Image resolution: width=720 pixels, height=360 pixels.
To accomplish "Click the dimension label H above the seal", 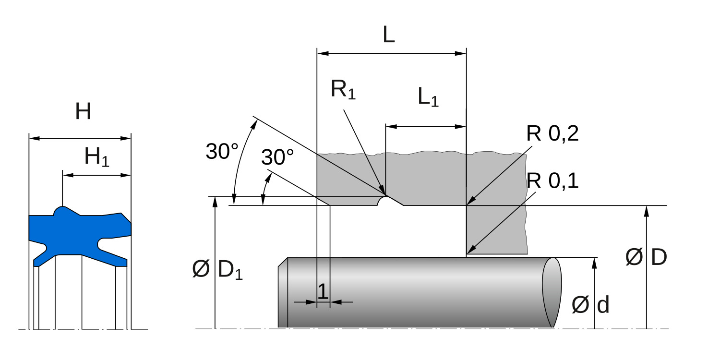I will coord(83,112).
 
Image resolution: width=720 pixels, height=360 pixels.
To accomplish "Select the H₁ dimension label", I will coord(96,157).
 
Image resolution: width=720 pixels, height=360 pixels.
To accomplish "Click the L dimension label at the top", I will coord(388,35).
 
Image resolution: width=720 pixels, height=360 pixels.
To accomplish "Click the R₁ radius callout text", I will coord(343,90).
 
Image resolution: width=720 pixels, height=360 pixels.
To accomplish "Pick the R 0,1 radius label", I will coord(552,181).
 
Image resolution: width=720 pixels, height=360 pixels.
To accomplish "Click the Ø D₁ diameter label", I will coord(217,270).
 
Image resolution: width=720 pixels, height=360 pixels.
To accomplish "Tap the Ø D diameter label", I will coord(646,258).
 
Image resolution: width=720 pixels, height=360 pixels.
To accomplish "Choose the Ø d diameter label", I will coord(590,305).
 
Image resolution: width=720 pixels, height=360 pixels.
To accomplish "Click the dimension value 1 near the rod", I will coord(323,291).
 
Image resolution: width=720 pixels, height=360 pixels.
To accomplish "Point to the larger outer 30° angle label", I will coord(222,152).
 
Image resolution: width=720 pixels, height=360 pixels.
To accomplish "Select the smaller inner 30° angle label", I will coord(277,157).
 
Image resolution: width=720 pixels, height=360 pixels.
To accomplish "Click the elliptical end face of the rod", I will coord(552,292).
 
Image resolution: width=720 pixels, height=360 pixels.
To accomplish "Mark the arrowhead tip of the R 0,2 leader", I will coord(467,205).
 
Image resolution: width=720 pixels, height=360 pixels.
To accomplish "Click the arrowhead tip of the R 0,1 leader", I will coord(467,253).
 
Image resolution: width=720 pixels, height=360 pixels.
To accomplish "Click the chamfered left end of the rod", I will coord(283,293).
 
